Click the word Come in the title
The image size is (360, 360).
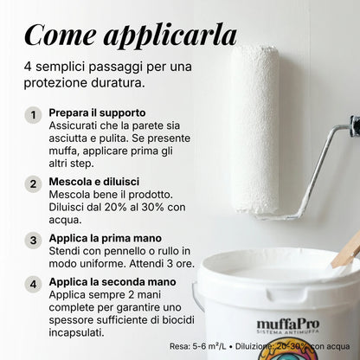coord(61,35)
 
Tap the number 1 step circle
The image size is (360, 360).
coord(33,115)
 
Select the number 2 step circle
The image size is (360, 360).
coord(33,184)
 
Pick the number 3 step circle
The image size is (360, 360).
coord(33,241)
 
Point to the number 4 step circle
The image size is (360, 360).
coord(33,284)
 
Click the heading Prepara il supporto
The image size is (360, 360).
coord(97,113)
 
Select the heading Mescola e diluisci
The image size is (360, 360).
coord(94,182)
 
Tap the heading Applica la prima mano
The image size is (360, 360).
coord(106,238)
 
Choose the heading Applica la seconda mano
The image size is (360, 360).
coord(112,282)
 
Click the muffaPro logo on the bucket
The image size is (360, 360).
coord(288,326)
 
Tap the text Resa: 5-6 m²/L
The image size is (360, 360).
coord(198,346)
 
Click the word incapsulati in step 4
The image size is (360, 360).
coord(76,333)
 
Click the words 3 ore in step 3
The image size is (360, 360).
coord(181,264)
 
